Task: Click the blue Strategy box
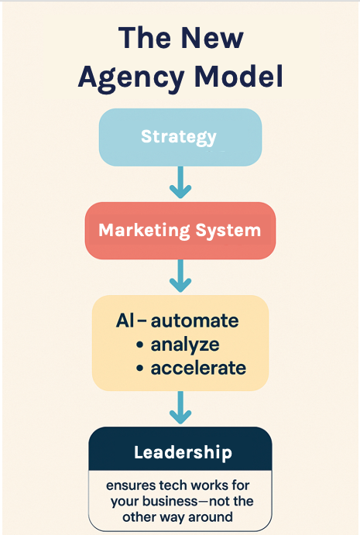pos(180,138)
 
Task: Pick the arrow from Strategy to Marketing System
pos(180,184)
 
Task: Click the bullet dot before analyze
pos(140,345)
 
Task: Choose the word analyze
pos(186,345)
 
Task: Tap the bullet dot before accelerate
pos(139,368)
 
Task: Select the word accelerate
pos(198,368)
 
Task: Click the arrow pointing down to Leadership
pos(180,407)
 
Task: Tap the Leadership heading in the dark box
pos(182,452)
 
